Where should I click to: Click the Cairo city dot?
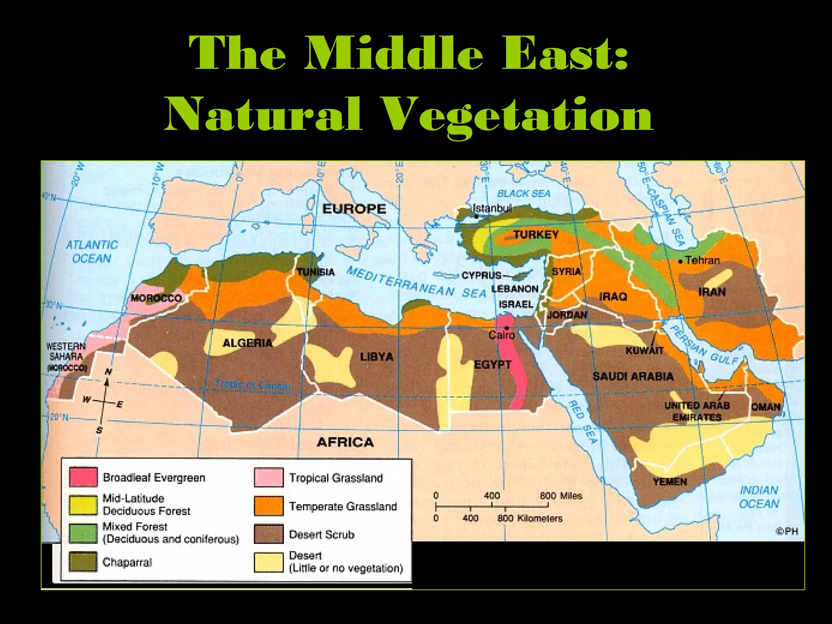point(507,327)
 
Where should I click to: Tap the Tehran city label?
point(702,260)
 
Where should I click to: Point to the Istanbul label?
point(492,208)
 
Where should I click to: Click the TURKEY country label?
point(535,235)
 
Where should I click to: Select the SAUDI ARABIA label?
point(633,377)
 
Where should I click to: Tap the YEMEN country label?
point(670,482)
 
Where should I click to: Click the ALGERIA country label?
point(247,343)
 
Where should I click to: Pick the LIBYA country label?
point(377,357)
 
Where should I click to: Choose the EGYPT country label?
point(492,364)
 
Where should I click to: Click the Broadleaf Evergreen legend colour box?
point(83,477)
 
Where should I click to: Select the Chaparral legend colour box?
point(83,562)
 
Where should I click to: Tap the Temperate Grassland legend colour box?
point(269,506)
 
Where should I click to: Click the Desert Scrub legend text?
point(322,535)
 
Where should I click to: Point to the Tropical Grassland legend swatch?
point(269,477)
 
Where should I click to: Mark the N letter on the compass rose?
point(108,372)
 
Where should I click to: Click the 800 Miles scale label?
point(561,496)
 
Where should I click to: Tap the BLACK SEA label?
point(524,194)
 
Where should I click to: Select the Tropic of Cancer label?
point(253,385)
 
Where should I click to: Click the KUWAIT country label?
point(644,351)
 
